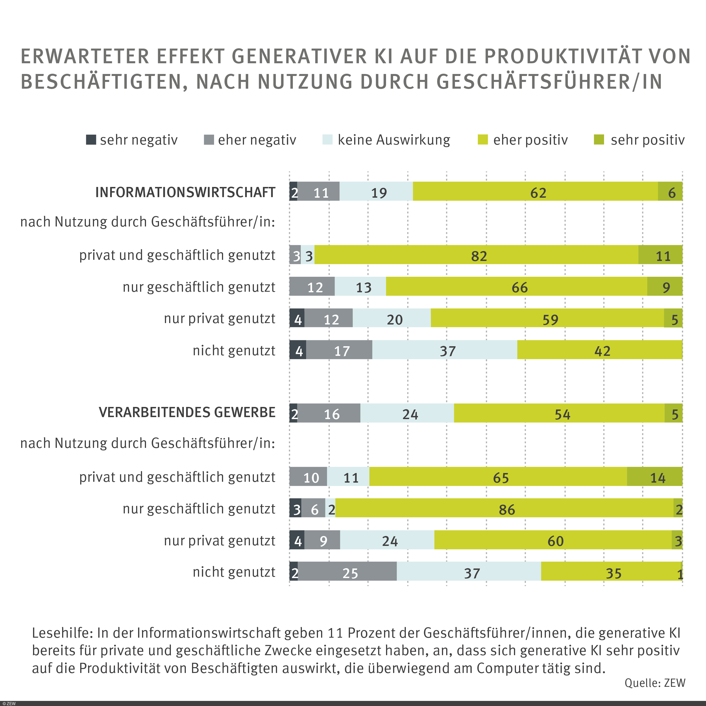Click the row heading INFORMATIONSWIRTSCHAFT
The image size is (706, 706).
185,192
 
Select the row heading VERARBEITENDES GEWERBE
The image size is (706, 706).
187,412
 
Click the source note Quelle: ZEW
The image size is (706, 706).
655,683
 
